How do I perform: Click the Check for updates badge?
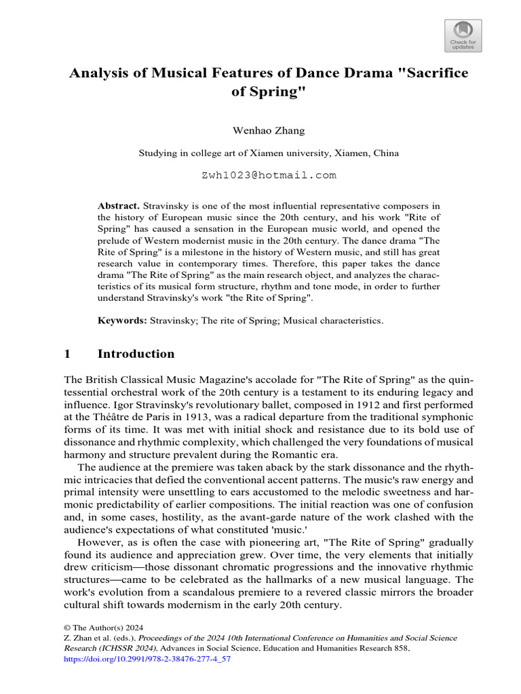pyautogui.click(x=463, y=35)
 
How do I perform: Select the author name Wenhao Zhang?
pyautogui.click(x=260, y=129)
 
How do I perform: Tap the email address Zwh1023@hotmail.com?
pyautogui.click(x=269, y=175)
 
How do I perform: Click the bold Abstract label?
pyautogui.click(x=119, y=205)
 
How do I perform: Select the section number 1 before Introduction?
pyautogui.click(x=67, y=354)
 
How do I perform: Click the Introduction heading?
pyautogui.click(x=136, y=354)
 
